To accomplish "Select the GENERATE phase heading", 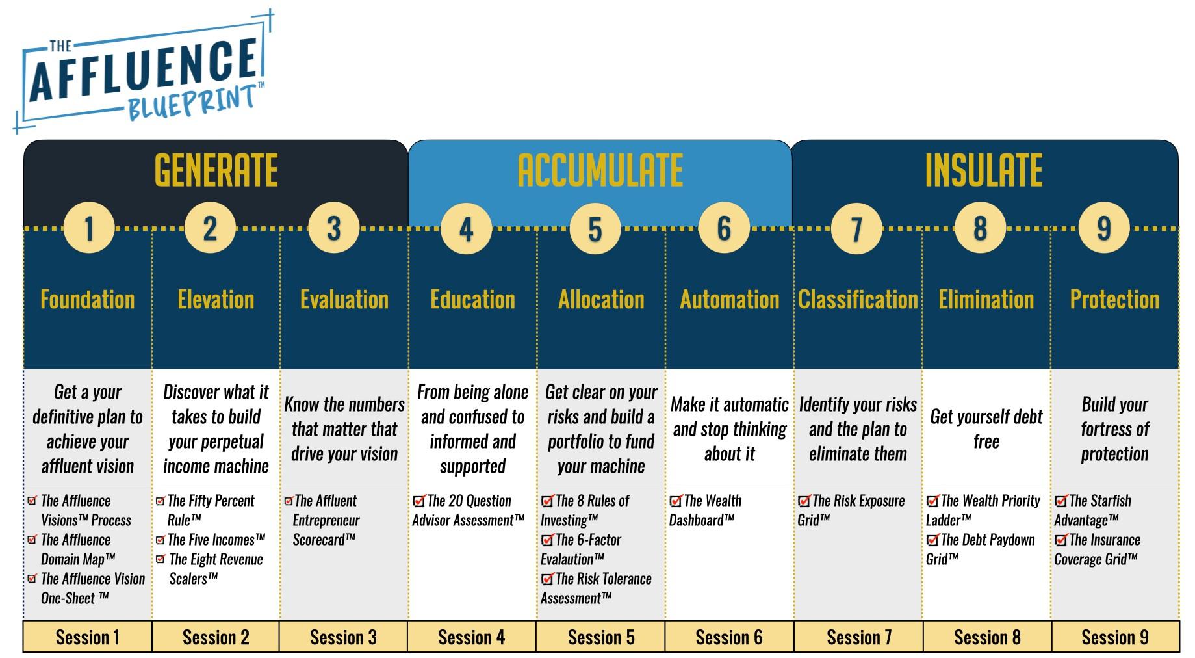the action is pos(216,170).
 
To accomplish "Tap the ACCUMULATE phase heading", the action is pos(600,170).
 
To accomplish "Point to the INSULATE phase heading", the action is pos(983,170).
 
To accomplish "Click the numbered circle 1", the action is pos(89,228).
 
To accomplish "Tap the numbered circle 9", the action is pos(1103,228).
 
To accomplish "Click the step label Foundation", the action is pos(88,300).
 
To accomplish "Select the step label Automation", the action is pos(729,300).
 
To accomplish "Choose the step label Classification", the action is pos(858,300).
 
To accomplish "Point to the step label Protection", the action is pos(1114,300).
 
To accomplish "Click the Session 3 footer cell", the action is pos(343,637).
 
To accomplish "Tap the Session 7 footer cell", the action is pos(858,637).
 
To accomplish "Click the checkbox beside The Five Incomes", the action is pos(161,540).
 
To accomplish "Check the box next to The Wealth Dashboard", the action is pos(676,501).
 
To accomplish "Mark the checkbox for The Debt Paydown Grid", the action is pos(932,540).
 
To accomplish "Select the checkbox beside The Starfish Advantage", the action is pos(1061,501).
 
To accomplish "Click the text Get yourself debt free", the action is pos(986,429).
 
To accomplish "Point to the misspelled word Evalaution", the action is pos(572,559).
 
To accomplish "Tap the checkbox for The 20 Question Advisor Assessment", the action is pos(419,501).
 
